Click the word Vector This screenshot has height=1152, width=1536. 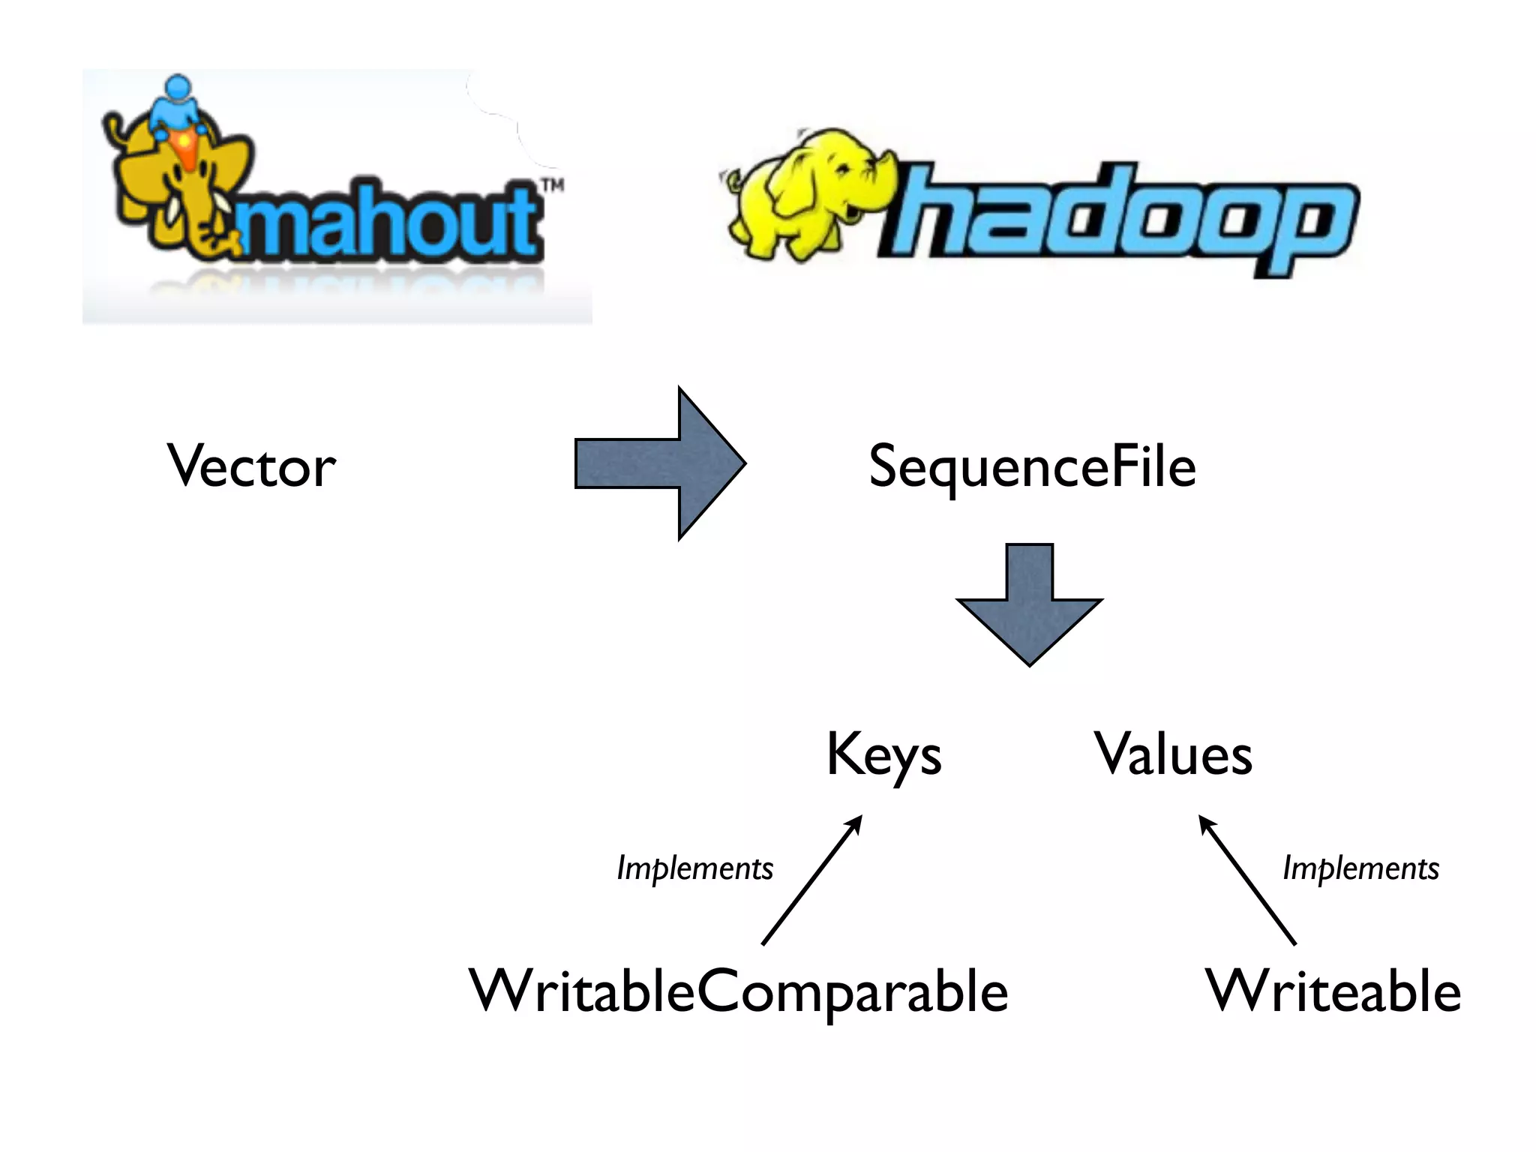tap(251, 466)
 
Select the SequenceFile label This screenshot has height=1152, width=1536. tap(1032, 466)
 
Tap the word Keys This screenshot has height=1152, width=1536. tap(883, 755)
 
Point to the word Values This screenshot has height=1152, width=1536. tap(1173, 754)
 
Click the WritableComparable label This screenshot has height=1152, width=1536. tap(738, 991)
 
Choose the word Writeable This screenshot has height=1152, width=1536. tap(1333, 991)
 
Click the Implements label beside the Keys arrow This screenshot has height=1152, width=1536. tap(694, 868)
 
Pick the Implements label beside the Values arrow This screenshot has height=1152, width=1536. tap(1360, 868)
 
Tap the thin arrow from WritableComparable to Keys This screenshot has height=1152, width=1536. tap(812, 880)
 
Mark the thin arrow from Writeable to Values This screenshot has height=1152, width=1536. tap(1246, 880)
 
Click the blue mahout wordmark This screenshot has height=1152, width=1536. tap(390, 221)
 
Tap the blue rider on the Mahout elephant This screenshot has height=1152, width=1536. tap(178, 105)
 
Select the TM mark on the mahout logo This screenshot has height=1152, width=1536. tap(553, 185)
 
